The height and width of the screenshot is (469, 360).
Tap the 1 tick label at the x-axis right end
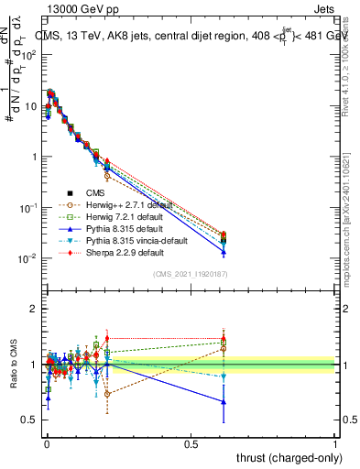click(335, 443)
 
